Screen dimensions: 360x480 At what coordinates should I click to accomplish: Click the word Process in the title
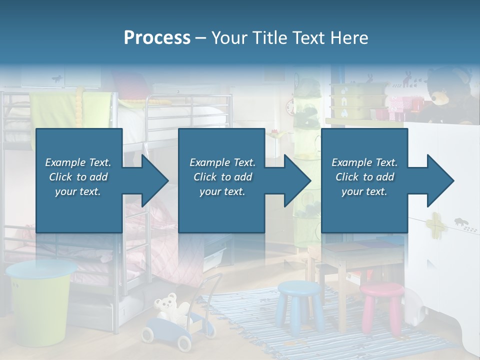[157, 37]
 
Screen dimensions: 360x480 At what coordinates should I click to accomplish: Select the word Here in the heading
[350, 37]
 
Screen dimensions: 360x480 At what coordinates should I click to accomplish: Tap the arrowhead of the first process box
[153, 180]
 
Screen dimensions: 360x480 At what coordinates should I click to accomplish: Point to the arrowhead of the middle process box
[296, 180]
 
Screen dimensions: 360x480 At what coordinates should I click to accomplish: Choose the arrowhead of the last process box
[439, 180]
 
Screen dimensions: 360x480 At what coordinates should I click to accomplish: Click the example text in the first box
[78, 177]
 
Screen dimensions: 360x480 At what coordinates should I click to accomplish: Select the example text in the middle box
[222, 177]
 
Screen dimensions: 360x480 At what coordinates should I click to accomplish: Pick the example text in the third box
[364, 177]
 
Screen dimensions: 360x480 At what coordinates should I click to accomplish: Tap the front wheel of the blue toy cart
[184, 342]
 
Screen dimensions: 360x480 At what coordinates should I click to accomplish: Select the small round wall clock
[290, 106]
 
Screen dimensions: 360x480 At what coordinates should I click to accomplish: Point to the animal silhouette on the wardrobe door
[460, 220]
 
